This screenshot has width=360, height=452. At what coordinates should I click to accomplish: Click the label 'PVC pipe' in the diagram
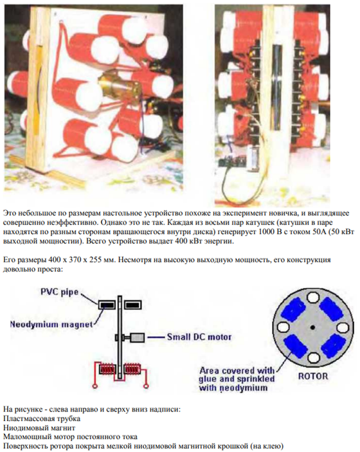59,292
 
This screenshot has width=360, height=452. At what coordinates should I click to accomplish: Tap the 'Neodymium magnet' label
51,325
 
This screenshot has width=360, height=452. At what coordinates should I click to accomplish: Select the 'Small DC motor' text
199,337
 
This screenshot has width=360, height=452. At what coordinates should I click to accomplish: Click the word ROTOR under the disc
313,376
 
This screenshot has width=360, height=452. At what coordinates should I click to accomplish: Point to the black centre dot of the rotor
312,327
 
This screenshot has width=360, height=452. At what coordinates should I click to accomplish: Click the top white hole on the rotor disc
312,298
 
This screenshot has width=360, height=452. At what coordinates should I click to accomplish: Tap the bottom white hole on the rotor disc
313,357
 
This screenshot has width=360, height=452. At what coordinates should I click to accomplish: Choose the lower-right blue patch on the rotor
333,346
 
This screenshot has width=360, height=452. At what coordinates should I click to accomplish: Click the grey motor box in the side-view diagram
137,338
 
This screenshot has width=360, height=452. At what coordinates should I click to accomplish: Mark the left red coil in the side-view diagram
107,369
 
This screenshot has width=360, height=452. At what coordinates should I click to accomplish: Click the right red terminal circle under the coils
147,385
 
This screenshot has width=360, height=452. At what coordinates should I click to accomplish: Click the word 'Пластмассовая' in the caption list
26,419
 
